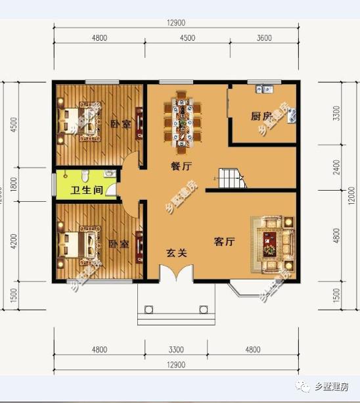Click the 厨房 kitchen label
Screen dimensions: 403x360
point(261,116)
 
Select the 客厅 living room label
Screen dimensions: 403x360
point(225,242)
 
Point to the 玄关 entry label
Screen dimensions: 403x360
point(175,252)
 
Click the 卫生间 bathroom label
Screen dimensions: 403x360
point(85,191)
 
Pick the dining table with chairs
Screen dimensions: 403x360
point(182,117)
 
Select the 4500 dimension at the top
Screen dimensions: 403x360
point(187,38)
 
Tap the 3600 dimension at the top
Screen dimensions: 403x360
point(263,38)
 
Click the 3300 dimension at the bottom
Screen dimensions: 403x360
point(175,350)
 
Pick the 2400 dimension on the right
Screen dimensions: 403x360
point(336,167)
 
